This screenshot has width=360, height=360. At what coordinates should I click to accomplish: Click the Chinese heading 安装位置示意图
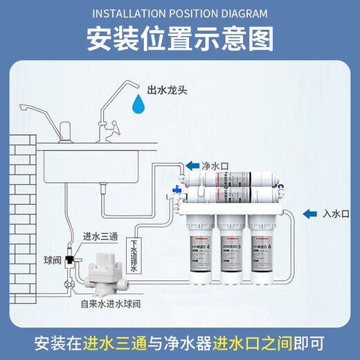click(179, 39)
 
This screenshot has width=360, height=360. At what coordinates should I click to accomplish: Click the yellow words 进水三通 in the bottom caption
click(109, 343)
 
